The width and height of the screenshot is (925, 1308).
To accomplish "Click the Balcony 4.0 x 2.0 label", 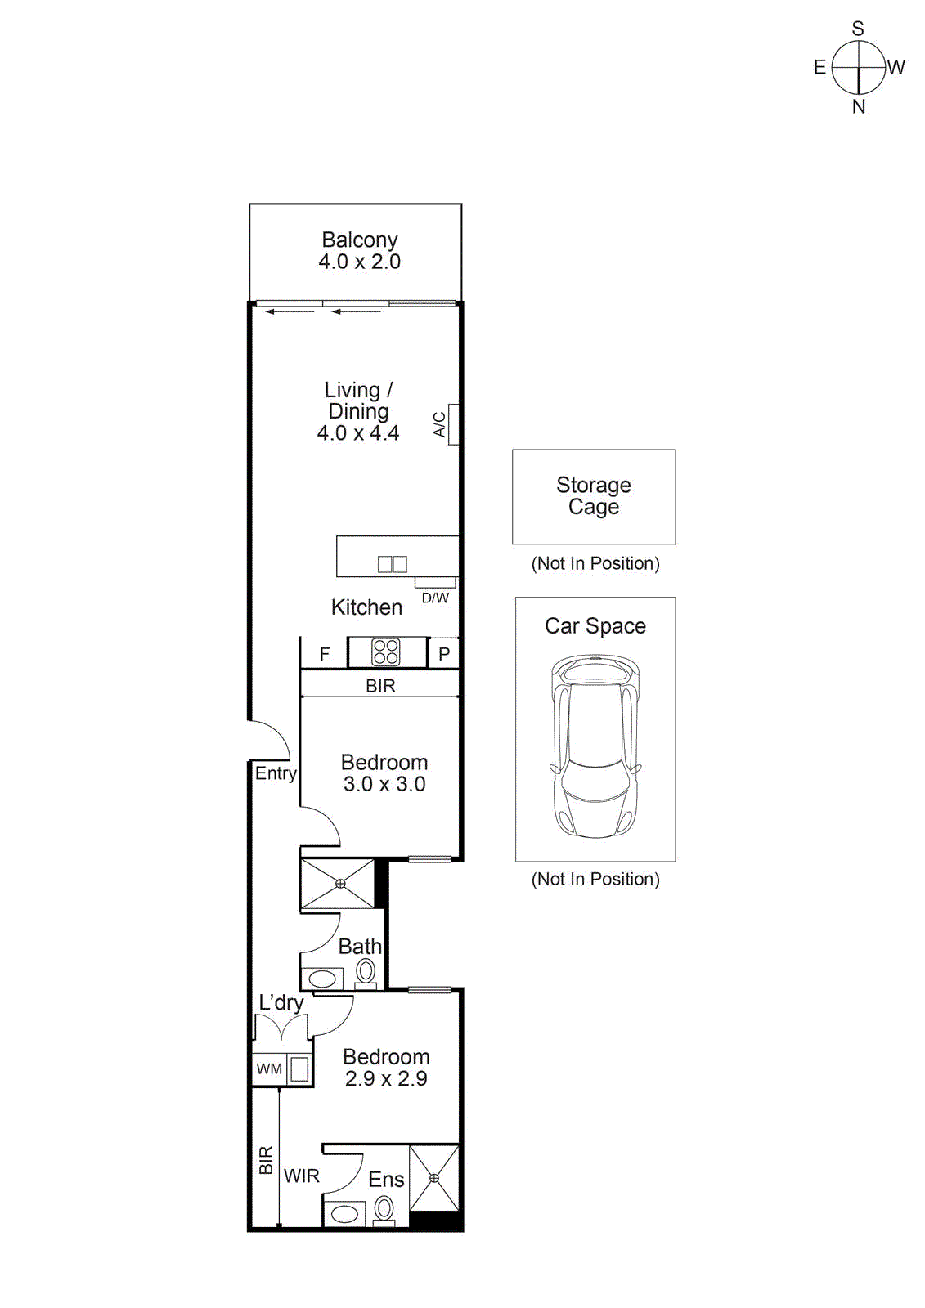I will coord(359,251).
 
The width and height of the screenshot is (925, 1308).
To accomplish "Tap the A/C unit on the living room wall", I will coord(453,424).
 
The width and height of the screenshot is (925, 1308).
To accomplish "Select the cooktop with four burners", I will coord(386,652).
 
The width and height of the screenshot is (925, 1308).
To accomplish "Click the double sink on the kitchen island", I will coord(393,563).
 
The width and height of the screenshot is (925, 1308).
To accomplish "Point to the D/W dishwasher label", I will coord(435,598).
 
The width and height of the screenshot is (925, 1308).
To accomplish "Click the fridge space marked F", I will coord(325,654).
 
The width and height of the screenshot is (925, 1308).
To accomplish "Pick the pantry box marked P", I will coord(444,654).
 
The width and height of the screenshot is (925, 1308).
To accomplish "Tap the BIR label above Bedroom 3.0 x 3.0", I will coord(380,686).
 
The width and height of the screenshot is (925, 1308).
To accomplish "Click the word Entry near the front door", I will coord(276,773).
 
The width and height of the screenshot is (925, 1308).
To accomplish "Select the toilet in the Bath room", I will coord(366,972).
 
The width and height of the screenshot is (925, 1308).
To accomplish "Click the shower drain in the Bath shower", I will coord(340,884).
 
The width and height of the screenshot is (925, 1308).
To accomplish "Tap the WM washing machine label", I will coord(269,1069).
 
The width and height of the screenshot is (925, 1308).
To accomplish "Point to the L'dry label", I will coord(281,1003).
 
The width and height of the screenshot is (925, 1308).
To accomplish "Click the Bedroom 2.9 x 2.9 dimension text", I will coord(386,1079).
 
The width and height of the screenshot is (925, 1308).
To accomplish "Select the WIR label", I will coord(302,1176).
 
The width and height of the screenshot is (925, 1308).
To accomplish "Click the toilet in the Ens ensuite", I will coord(384,1208).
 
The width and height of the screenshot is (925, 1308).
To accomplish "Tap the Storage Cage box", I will coord(594,496).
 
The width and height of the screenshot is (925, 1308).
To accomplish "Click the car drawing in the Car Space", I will coord(595,746).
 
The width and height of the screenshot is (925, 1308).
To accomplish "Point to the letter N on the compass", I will coord(859,107).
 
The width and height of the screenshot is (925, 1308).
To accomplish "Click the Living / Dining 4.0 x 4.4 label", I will coord(358,411).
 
